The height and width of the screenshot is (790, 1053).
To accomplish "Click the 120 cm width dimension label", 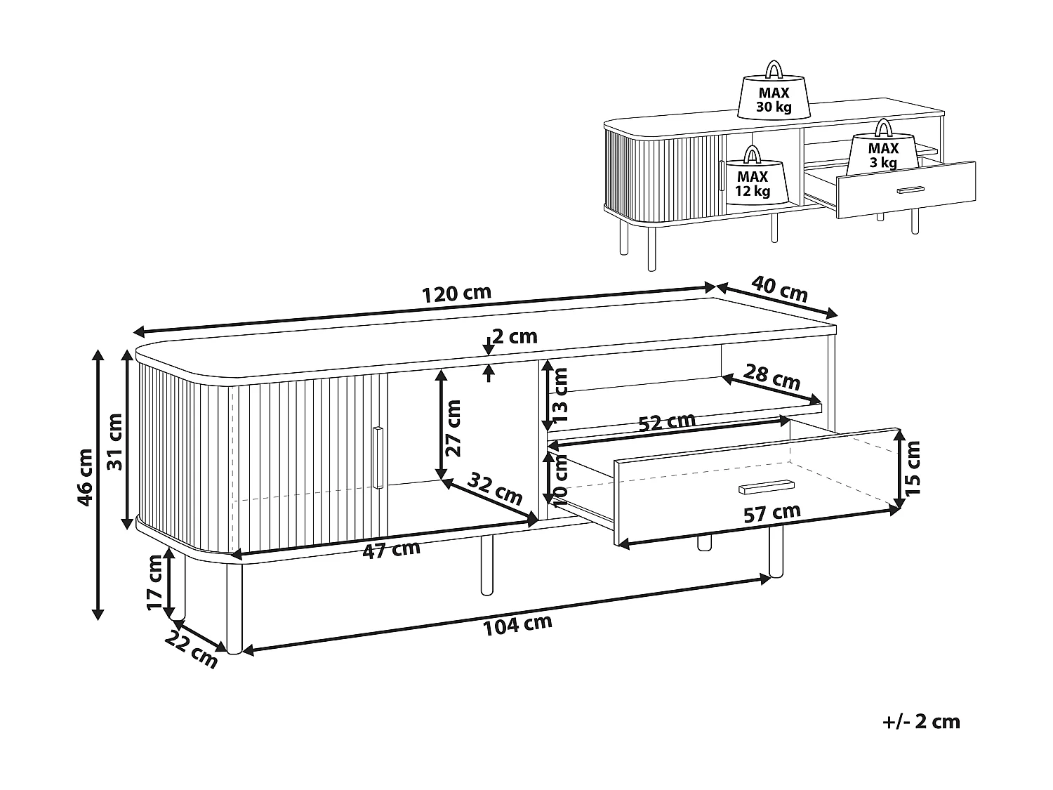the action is [x=456, y=293].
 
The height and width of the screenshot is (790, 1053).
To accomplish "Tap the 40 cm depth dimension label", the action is [x=779, y=289].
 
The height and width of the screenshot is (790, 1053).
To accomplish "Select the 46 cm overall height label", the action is [x=86, y=477].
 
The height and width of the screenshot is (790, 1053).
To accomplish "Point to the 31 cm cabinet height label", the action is [x=114, y=441].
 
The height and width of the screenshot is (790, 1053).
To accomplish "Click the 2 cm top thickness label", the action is [x=515, y=337].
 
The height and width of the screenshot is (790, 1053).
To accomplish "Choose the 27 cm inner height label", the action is [x=452, y=428].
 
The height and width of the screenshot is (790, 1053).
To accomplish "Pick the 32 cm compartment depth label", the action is [x=495, y=488].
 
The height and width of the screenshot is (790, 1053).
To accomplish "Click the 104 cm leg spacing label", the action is [x=517, y=625].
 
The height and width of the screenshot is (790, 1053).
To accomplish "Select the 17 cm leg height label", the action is [x=155, y=582].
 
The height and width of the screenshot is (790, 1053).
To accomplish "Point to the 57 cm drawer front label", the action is [x=772, y=513].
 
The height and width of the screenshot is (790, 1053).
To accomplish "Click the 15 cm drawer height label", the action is [x=912, y=468].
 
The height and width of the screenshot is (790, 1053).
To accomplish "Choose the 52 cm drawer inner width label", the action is [x=667, y=422].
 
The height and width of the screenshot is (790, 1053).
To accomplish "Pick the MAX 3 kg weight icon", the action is [x=884, y=147].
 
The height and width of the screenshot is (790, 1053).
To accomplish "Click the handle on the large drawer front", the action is [x=767, y=487].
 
